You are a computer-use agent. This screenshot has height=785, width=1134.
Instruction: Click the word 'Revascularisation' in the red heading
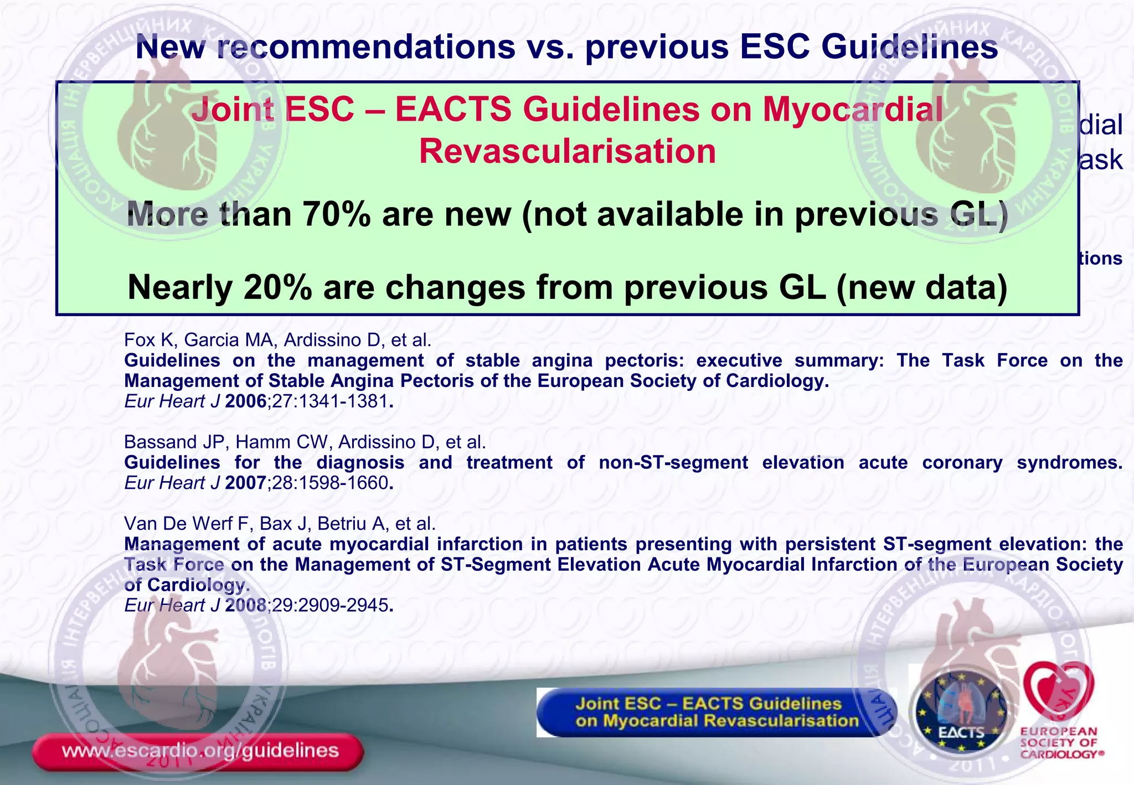click(x=567, y=151)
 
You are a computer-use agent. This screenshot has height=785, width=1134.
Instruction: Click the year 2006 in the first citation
click(x=246, y=401)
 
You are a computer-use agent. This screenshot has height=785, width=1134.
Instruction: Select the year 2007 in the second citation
click(x=246, y=483)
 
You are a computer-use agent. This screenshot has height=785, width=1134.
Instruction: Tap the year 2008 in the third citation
click(x=246, y=605)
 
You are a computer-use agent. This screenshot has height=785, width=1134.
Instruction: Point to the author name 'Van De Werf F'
click(x=188, y=523)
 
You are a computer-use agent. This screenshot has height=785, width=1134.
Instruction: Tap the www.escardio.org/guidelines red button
click(x=198, y=751)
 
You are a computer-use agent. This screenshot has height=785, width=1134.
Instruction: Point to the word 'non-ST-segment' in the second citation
click(x=673, y=462)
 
